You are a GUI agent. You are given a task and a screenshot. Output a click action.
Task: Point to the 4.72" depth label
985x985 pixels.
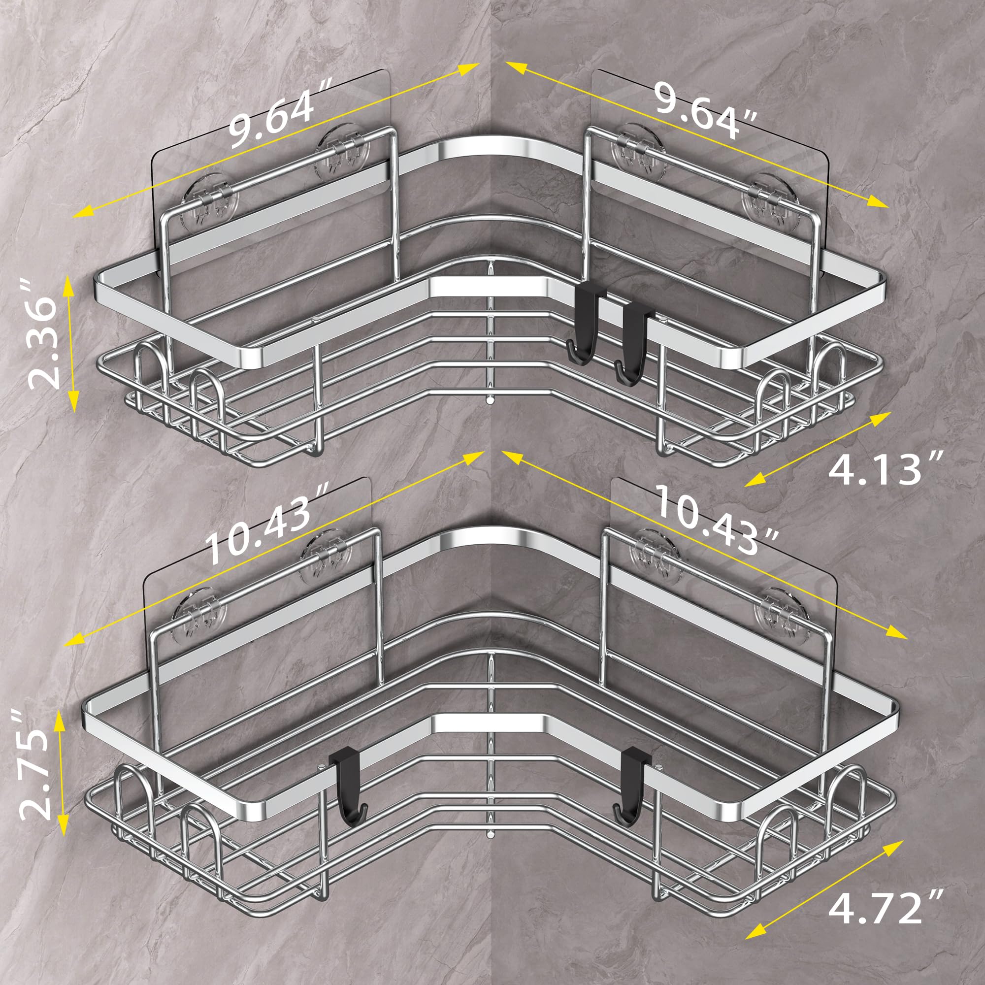tap(875, 906)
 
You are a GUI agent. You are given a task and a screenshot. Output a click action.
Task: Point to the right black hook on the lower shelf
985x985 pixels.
tap(634, 785)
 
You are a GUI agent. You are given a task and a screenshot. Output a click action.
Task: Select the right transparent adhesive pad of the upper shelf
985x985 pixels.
tap(710, 173)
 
